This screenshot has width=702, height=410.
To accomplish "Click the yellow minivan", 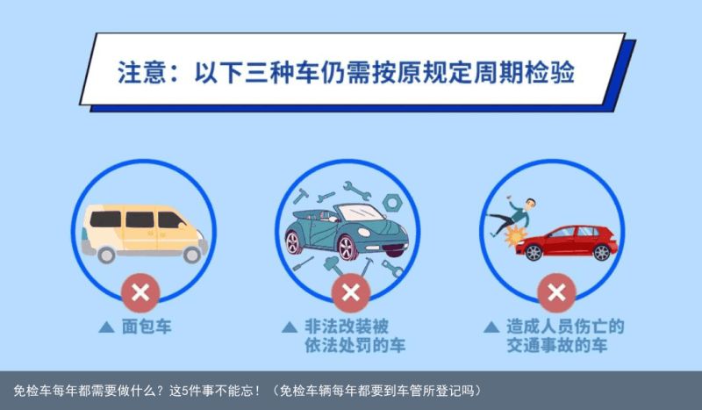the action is [144, 233].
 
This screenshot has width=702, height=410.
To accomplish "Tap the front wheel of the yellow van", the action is [192, 255].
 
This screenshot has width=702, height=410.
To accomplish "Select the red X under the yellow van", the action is [140, 293].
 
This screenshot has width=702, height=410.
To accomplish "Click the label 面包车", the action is [147, 327].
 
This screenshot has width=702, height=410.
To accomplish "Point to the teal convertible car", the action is [347, 232].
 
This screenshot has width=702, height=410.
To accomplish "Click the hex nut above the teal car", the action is [392, 203].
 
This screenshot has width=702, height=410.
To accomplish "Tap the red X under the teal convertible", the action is [350, 293].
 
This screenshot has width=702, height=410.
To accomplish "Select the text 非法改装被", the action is [347, 327].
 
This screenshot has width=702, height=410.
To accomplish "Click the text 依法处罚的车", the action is [355, 345].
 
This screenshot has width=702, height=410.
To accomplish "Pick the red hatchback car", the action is [566, 243].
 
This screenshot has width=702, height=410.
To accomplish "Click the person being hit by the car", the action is [512, 216].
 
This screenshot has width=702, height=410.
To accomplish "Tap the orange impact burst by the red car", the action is [516, 236].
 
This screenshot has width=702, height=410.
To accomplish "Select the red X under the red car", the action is [556, 293].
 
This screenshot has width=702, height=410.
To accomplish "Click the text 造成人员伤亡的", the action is [565, 327].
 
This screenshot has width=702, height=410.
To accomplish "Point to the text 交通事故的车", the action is [557, 345].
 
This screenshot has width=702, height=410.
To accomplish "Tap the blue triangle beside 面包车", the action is [106, 327].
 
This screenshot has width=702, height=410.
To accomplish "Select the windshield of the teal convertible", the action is [361, 212].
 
